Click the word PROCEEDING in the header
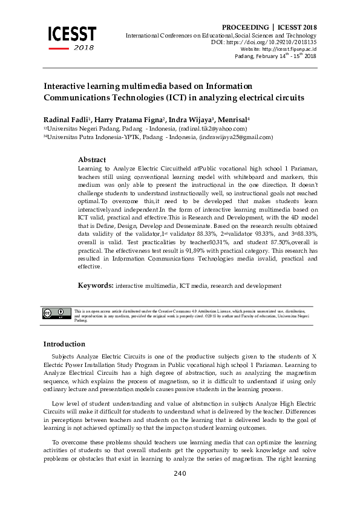pyautogui.click(x=244, y=28)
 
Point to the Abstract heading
pyautogui.click(x=92, y=160)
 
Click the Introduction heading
pyautogui.click(x=64, y=344)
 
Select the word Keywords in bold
pyautogui.click(x=96, y=285)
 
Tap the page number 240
pyautogui.click(x=180, y=473)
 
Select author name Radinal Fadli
pyautogui.click(x=64, y=119)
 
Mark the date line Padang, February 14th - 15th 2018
pyautogui.click(x=275, y=56)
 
